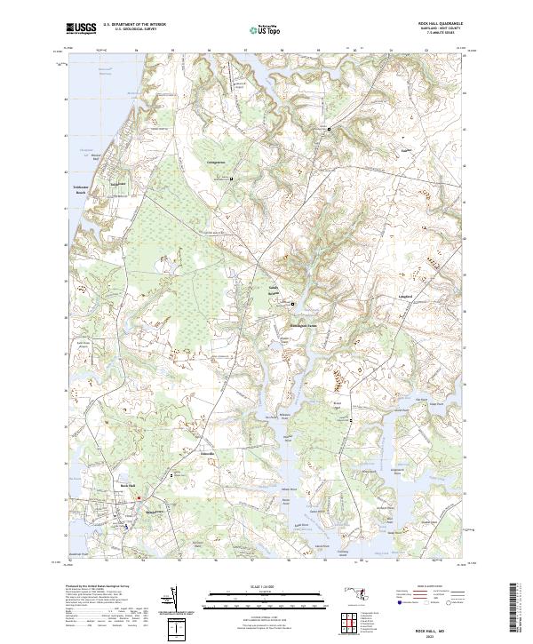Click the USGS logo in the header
point(81,28)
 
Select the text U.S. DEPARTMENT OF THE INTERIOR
point(134,24)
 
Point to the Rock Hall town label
point(126,486)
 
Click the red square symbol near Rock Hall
point(139,498)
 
